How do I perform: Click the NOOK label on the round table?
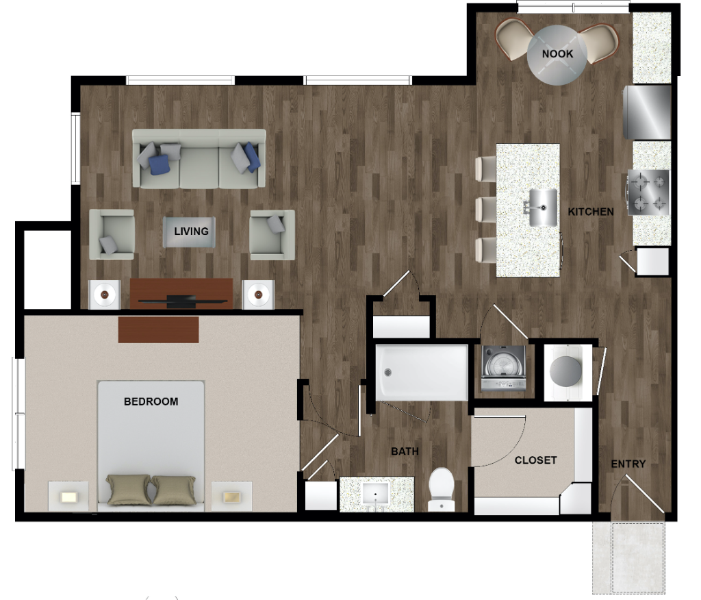(557, 53)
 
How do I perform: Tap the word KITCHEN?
(591, 212)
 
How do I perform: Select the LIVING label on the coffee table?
(191, 232)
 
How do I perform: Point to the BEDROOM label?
(151, 401)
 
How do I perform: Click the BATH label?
(405, 451)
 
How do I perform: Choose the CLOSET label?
(535, 460)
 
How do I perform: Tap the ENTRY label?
(628, 464)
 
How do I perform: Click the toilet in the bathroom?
(442, 489)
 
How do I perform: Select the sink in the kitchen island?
(542, 207)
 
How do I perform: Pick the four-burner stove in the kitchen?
(648, 192)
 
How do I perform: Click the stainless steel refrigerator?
(648, 112)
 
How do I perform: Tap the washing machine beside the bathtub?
(503, 368)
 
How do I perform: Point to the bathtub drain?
(387, 372)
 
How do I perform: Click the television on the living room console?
(182, 301)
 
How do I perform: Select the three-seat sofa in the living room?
(199, 159)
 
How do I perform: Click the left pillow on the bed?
(128, 490)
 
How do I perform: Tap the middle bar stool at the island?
(486, 210)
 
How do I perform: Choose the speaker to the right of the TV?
(258, 295)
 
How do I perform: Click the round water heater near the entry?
(566, 371)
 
